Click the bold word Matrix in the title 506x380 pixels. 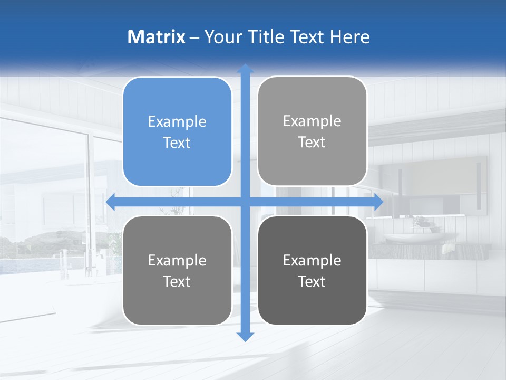click(157, 37)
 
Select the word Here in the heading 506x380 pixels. click(349, 37)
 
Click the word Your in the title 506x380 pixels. click(222, 37)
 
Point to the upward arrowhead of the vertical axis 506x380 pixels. click(245, 69)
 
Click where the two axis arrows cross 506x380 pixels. click(245, 202)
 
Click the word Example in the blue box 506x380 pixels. click(177, 122)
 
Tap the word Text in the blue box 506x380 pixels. click(177, 143)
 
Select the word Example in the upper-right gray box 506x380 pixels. click(312, 121)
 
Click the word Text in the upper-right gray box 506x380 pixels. click(312, 142)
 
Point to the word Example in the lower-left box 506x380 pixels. click(177, 261)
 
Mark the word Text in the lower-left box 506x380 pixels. click(177, 282)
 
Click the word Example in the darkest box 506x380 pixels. click(312, 261)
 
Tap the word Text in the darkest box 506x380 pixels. click(312, 282)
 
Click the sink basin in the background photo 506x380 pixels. click(414, 238)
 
